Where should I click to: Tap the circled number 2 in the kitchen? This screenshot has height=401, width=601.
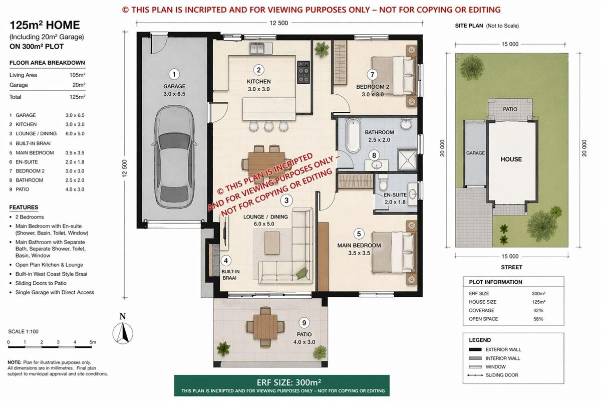(x=258, y=70)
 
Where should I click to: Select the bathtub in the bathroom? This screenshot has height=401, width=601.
(x=353, y=135)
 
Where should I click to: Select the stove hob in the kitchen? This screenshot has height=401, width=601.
(x=304, y=72)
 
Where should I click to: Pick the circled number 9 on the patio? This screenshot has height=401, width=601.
(x=304, y=323)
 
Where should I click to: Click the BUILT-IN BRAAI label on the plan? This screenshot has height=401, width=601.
(x=231, y=274)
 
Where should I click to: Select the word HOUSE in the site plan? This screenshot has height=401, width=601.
(x=511, y=159)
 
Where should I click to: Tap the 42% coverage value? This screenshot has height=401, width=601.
(x=538, y=310)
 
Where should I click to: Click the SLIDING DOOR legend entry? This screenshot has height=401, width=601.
(x=502, y=375)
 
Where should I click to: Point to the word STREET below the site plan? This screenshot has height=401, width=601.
(x=511, y=267)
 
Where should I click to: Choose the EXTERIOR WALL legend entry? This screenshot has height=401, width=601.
(x=503, y=350)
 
